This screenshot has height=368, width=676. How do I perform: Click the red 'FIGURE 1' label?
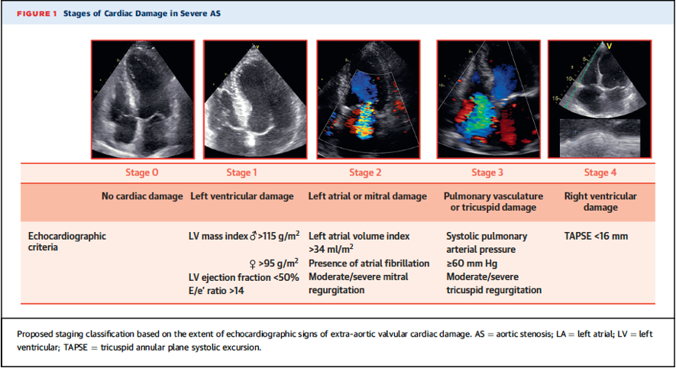pyautogui.click(x=37, y=14)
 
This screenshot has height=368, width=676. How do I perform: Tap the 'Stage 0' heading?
pyautogui.click(x=142, y=173)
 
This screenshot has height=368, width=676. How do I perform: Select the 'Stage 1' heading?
pyautogui.click(x=242, y=173)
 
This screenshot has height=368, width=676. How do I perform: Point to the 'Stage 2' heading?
pyautogui.click(x=365, y=173)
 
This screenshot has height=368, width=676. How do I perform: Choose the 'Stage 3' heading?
pyautogui.click(x=487, y=173)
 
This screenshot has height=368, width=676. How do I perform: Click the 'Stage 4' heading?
pyautogui.click(x=600, y=173)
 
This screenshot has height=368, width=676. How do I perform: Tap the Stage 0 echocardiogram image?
pyautogui.click(x=143, y=99)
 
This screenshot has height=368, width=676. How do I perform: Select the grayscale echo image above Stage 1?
pyautogui.click(x=255, y=99)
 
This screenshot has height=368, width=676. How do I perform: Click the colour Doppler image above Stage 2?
pyautogui.click(x=368, y=99)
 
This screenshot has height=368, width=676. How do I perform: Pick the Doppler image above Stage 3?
pyautogui.click(x=488, y=99)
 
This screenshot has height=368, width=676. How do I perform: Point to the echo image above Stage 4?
pyautogui.click(x=600, y=99)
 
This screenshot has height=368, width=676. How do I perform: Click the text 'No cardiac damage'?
pyautogui.click(x=142, y=196)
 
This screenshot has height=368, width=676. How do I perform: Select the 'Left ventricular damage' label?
pyautogui.click(x=242, y=196)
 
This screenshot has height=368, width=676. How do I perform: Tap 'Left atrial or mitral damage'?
pyautogui.click(x=367, y=196)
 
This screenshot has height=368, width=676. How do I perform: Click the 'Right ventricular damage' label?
pyautogui.click(x=600, y=202)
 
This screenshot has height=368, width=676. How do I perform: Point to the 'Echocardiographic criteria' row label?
pyautogui.click(x=66, y=242)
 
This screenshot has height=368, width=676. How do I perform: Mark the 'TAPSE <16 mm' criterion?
pyautogui.click(x=596, y=236)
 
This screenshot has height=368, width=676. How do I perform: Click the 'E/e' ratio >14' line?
pyautogui.click(x=216, y=291)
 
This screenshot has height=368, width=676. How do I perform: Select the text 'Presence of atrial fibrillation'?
pyautogui.click(x=369, y=263)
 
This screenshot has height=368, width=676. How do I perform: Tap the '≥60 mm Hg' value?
pyautogui.click(x=471, y=263)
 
